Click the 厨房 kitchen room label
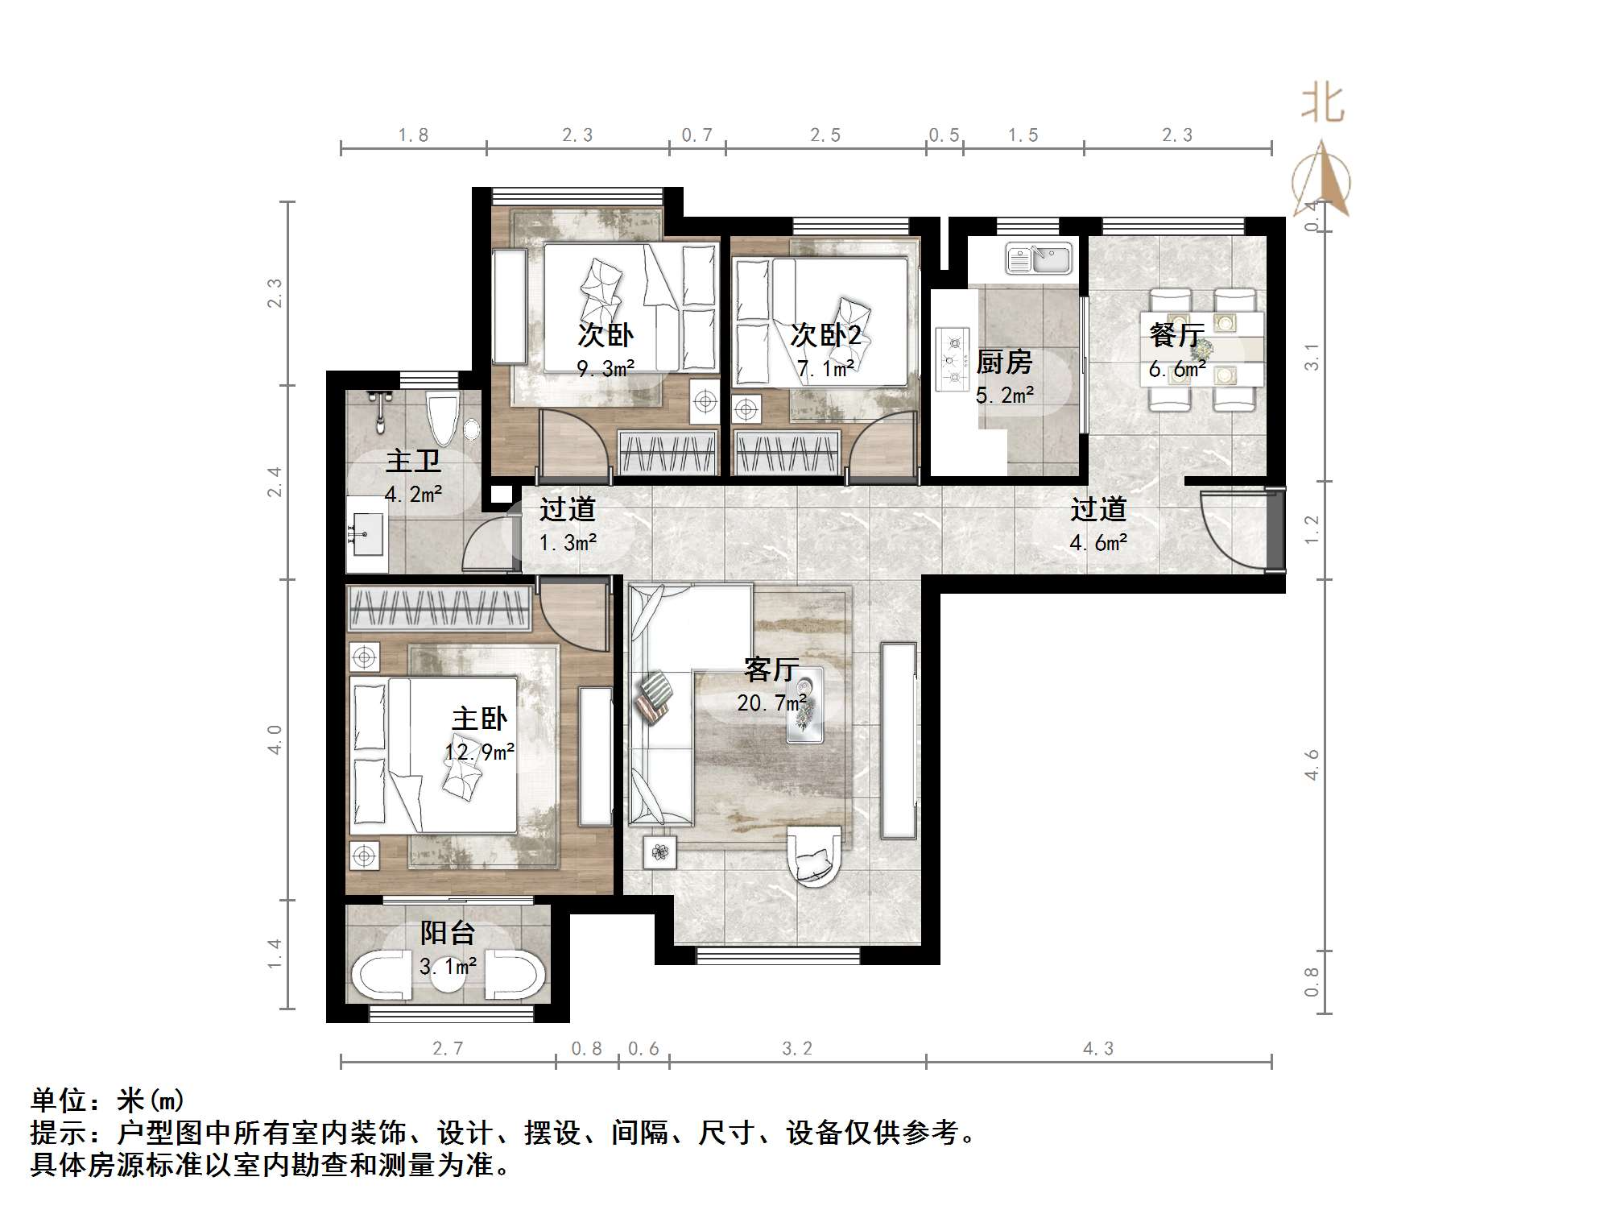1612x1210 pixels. coord(1004,363)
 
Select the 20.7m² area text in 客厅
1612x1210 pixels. coord(771,703)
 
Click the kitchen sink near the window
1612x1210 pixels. coord(1039,259)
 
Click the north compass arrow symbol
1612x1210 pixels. coord(1321,181)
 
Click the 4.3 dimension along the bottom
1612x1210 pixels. coord(1098,1049)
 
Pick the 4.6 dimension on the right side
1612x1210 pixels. coord(1312,765)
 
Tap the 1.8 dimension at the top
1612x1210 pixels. coord(413,135)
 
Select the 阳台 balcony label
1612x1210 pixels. coord(448,933)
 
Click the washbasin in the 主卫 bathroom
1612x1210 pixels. coord(367,532)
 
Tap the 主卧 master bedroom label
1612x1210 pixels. coord(479,719)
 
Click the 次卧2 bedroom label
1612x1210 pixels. coord(825,335)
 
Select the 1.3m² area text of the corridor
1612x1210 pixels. coord(568,543)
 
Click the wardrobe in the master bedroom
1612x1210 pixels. coord(440,607)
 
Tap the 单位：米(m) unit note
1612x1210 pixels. coord(108,1100)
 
